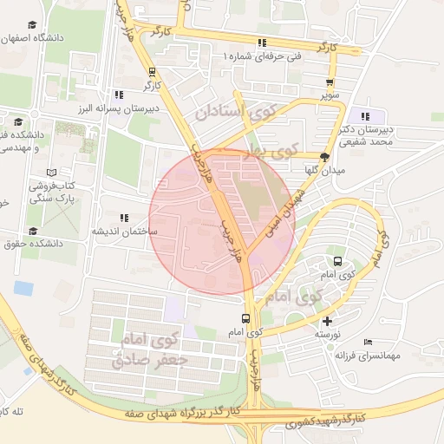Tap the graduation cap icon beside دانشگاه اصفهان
pyautogui.click(x=32, y=26)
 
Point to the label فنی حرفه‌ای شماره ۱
pyautogui.click(x=264, y=55)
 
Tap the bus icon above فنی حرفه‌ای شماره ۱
pyautogui.click(x=261, y=42)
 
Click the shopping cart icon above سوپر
pyautogui.click(x=329, y=76)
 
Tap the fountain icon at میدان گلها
pyautogui.click(x=324, y=158)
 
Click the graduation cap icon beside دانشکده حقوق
pyautogui.click(x=33, y=231)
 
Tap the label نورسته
pyautogui.click(x=326, y=334)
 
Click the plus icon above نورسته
pyautogui.click(x=326, y=321)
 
